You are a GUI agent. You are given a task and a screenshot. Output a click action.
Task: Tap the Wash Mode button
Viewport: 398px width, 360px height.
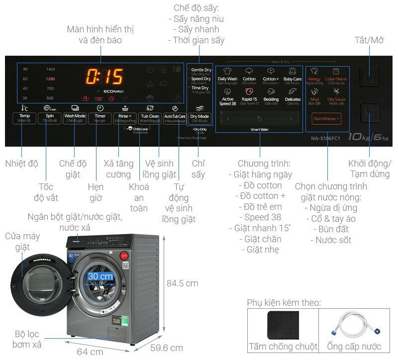pyautogui.click(x=75, y=118)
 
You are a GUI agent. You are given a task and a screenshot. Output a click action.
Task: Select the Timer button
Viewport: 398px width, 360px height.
pyautogui.click(x=100, y=118)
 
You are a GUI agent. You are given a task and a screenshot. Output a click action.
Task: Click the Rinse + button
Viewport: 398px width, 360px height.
pyautogui.click(x=124, y=118)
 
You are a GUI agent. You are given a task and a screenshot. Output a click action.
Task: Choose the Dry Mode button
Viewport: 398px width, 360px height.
pyautogui.click(x=200, y=118)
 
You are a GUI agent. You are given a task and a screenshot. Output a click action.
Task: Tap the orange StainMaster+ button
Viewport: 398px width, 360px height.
pyautogui.click(x=326, y=118)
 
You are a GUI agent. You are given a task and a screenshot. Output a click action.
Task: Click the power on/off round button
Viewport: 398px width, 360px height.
pyautogui.click(x=369, y=78)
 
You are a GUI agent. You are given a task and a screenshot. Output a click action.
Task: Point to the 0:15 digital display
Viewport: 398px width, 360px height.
pyautogui.click(x=105, y=77)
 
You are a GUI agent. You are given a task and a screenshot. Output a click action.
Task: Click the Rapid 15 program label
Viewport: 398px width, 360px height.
pyautogui.click(x=249, y=99)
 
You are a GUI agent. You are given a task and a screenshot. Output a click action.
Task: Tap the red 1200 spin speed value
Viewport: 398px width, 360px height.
pyautogui.click(x=50, y=79)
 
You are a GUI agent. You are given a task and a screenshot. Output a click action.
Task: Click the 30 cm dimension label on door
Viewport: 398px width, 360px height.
pyautogui.click(x=100, y=276)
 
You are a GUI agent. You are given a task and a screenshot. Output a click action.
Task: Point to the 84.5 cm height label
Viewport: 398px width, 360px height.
pyautogui.click(x=182, y=283)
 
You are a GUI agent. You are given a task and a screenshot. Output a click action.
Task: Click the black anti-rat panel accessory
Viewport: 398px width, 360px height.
pyautogui.click(x=283, y=325)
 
